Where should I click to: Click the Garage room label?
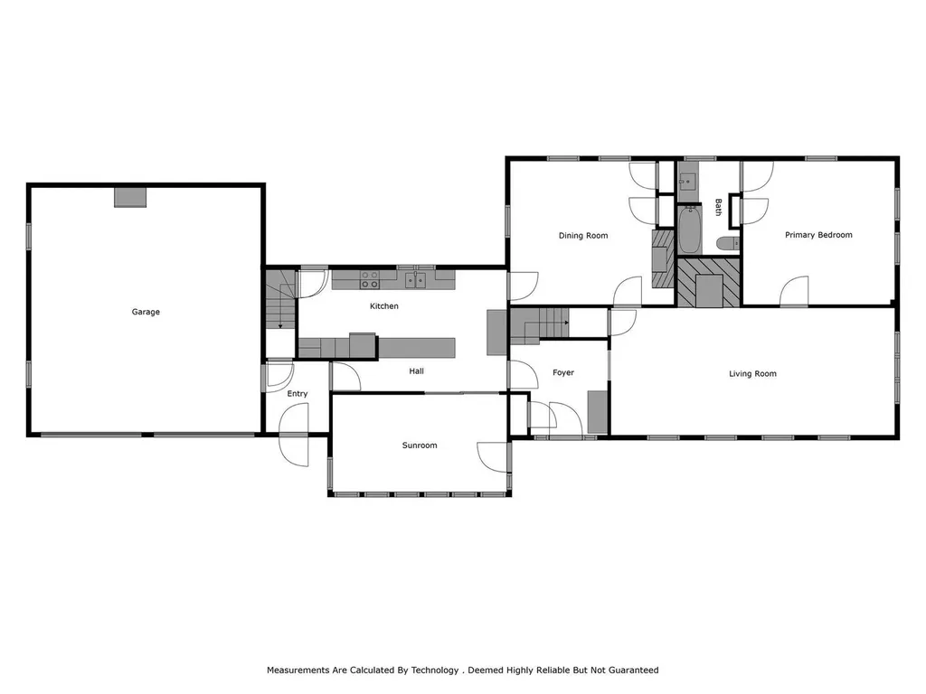pyautogui.click(x=146, y=312)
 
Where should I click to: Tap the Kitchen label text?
pyautogui.click(x=383, y=306)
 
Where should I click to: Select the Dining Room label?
pyautogui.click(x=582, y=236)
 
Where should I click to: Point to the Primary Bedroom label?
pyautogui.click(x=818, y=235)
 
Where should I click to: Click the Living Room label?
pyautogui.click(x=752, y=373)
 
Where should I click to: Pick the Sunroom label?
pyautogui.click(x=420, y=445)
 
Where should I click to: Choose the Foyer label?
pyautogui.click(x=562, y=372)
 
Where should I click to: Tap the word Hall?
pyautogui.click(x=416, y=370)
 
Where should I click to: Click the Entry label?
pyautogui.click(x=298, y=393)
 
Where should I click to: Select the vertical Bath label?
pyautogui.click(x=719, y=207)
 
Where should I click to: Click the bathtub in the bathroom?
pyautogui.click(x=689, y=230)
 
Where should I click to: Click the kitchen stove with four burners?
pyautogui.click(x=370, y=279)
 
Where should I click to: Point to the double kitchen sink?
pyautogui.click(x=415, y=280)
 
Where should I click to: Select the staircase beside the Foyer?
pyautogui.click(x=540, y=323)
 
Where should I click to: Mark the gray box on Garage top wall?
pyautogui.click(x=130, y=197)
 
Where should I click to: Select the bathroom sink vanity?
pyautogui.click(x=686, y=179)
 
